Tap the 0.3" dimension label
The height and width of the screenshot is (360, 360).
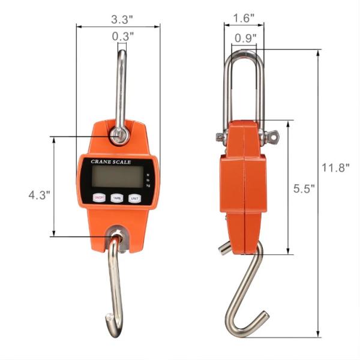[x=122, y=36]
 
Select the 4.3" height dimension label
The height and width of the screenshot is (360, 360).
[x=39, y=195]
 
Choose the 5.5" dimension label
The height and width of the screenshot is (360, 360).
[x=304, y=188]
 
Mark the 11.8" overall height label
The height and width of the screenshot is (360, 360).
[x=335, y=168]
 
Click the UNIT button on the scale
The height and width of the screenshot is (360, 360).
[x=135, y=197]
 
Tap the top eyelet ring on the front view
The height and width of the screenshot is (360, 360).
[x=119, y=136]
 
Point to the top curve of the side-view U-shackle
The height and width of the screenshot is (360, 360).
[x=244, y=56]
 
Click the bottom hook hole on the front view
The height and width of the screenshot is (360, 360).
[x=116, y=235]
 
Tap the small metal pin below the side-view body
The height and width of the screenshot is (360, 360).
[x=224, y=247]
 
